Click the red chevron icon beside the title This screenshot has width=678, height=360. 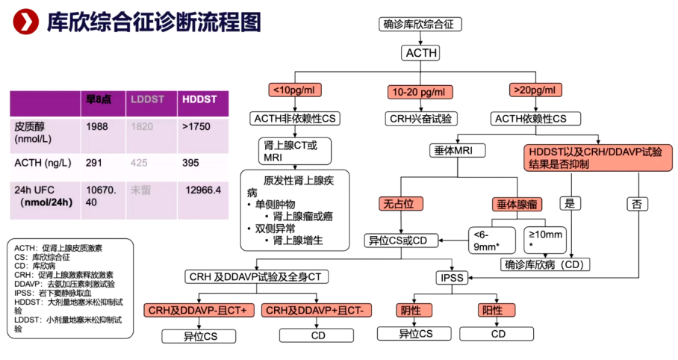(26, 23)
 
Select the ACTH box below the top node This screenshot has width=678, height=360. (420, 53)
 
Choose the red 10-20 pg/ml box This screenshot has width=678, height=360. (420, 92)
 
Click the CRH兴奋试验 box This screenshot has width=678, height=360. (421, 118)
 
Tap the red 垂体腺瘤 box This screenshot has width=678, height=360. (517, 204)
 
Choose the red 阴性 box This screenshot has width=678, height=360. (409, 309)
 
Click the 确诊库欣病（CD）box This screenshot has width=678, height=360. (546, 264)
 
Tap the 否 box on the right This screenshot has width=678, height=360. (636, 203)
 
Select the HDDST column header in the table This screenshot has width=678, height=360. (199, 99)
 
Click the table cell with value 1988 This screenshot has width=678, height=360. (97, 126)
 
